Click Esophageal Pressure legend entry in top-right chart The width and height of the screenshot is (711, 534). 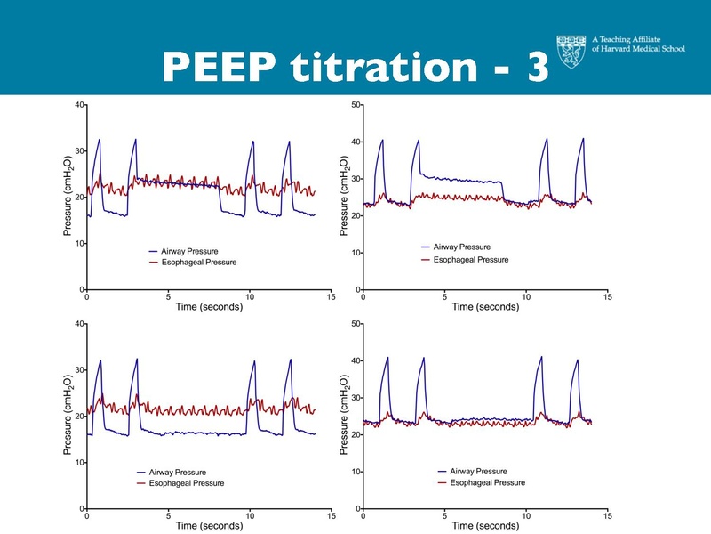[x=470, y=259]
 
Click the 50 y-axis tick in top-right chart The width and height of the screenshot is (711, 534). [x=355, y=105]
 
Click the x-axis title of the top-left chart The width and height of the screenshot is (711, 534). [x=208, y=307]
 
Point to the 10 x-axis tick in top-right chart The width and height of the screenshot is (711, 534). [x=526, y=297]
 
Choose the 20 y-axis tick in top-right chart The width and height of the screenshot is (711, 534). [x=355, y=216]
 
